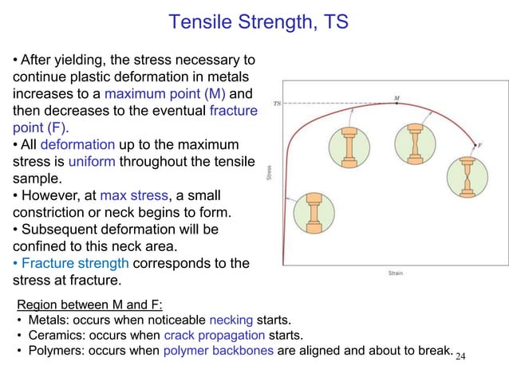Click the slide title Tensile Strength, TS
[258, 22]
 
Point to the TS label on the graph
[278, 103]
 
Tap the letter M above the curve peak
[397, 98]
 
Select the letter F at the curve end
[479, 145]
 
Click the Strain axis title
[394, 273]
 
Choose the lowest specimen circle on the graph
[308, 212]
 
